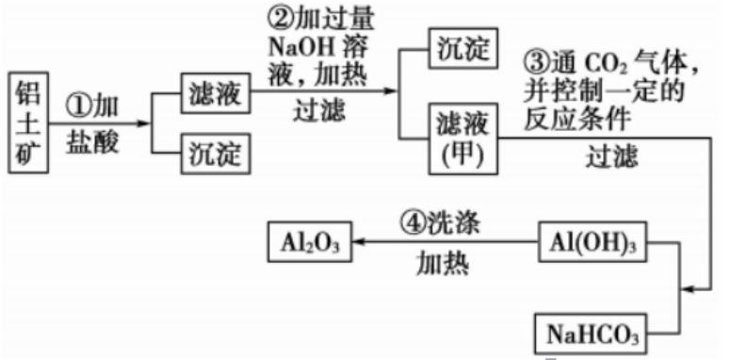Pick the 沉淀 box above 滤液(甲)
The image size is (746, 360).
462,49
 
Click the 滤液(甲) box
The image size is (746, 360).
461,138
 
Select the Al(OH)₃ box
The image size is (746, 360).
589,244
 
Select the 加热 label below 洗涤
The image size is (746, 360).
443,265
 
